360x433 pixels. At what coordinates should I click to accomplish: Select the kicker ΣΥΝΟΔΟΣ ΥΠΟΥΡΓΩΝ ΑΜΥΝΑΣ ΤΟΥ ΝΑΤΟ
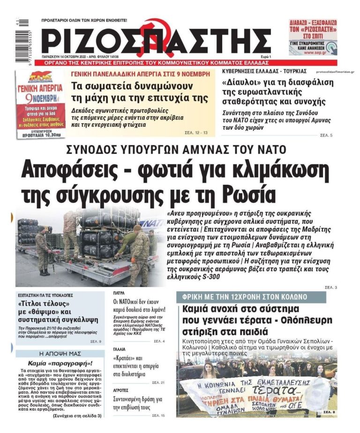click(180, 150)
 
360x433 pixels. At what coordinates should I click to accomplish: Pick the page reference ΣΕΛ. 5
click(326, 135)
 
